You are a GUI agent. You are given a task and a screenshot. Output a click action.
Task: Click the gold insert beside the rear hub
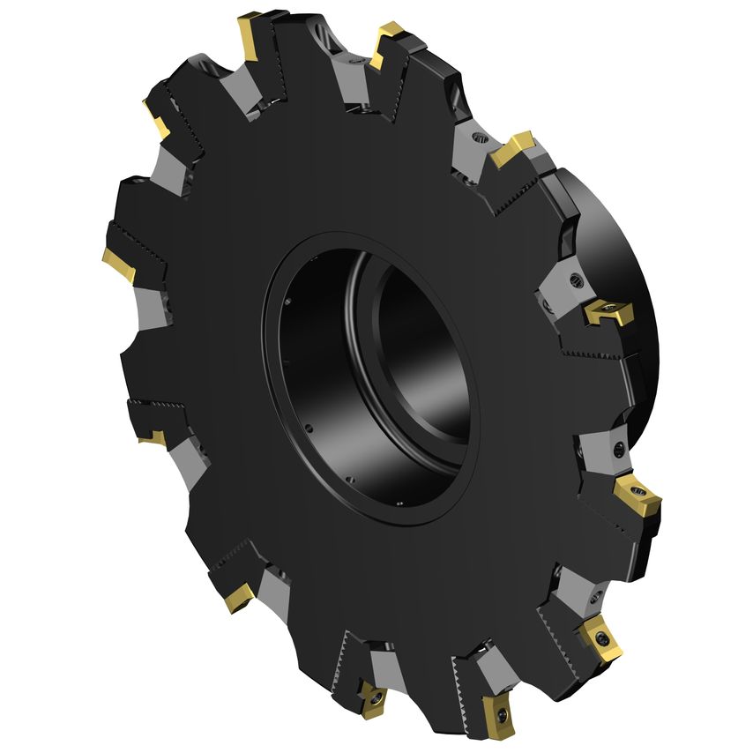point(606,309)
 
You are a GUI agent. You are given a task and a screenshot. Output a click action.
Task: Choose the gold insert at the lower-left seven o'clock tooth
point(238,599)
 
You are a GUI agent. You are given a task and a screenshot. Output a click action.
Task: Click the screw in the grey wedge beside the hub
point(576,280)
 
